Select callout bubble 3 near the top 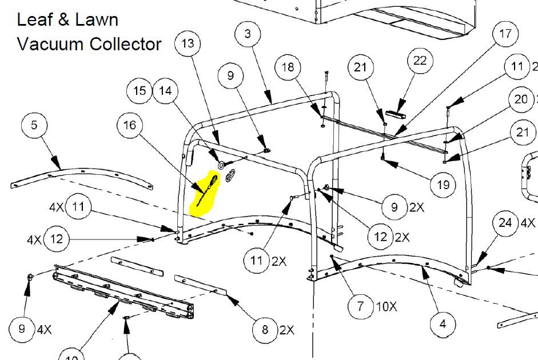tap(247, 34)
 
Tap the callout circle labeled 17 tap(505, 34)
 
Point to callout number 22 tap(420, 61)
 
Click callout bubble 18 tap(288, 67)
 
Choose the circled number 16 tap(130, 124)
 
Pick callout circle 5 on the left tap(35, 125)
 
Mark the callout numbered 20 tap(521, 100)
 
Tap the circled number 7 tap(360, 306)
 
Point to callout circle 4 tap(443, 324)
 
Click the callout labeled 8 tap(265, 329)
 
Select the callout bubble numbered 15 tap(140, 91)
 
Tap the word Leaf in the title tap(33, 19)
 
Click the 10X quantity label tap(386, 306)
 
